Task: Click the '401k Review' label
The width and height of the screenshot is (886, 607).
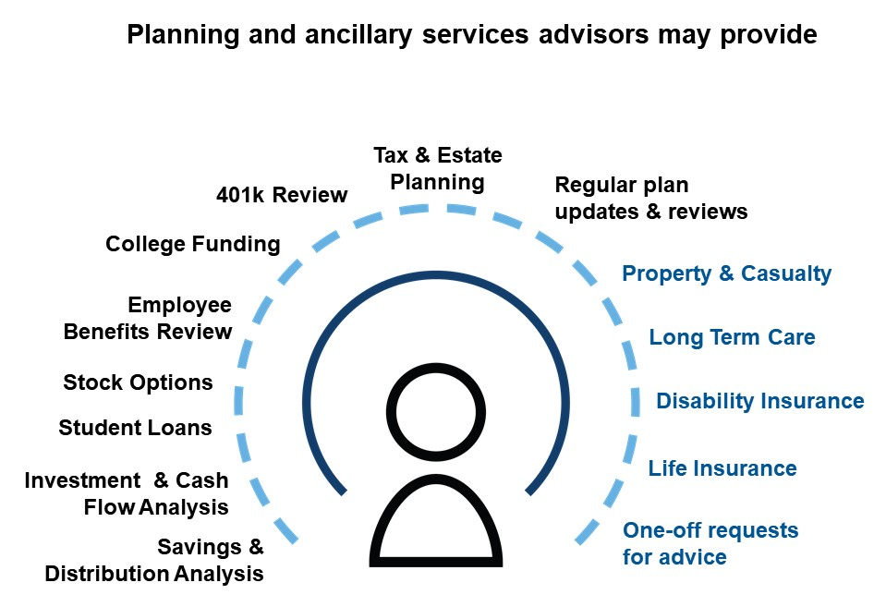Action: (x=282, y=195)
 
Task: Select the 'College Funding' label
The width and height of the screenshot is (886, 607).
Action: (x=193, y=244)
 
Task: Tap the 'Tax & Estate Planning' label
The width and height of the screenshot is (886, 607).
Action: (x=438, y=168)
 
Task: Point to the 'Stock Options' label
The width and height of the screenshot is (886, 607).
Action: (x=138, y=382)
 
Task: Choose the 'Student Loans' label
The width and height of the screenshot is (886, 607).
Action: (x=135, y=428)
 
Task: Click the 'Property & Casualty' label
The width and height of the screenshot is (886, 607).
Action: (x=727, y=273)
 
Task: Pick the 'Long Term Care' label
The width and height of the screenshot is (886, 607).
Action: (x=732, y=337)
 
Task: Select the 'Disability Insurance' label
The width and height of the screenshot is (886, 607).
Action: (x=760, y=401)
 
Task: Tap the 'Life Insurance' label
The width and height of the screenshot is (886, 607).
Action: (x=722, y=468)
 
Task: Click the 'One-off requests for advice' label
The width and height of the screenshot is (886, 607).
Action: (x=710, y=543)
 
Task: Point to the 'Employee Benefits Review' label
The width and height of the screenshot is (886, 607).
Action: (x=148, y=318)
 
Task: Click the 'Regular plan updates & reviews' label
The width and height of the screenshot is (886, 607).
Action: (x=651, y=199)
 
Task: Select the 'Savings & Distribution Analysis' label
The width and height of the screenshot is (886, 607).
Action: (x=153, y=560)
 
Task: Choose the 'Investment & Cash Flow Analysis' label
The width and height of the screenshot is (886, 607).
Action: (x=127, y=493)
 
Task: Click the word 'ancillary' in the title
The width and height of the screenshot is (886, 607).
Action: (x=358, y=35)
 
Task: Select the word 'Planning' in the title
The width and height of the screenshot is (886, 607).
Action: (x=183, y=35)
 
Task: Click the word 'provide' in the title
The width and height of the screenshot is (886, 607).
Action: (x=769, y=35)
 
